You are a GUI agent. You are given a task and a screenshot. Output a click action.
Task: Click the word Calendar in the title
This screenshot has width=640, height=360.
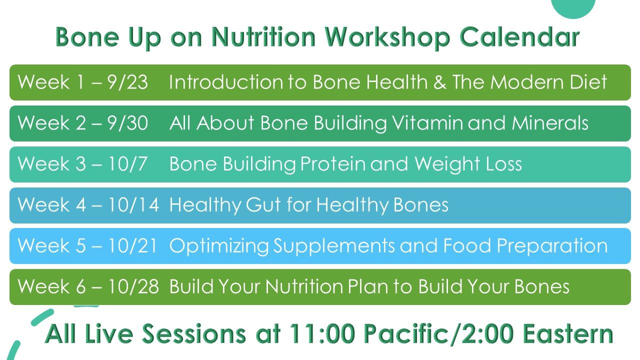[x=519, y=37]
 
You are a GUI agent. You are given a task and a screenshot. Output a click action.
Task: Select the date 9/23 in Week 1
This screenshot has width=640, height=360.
[x=127, y=82]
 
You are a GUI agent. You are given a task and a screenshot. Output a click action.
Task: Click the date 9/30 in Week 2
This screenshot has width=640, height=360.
[x=127, y=123]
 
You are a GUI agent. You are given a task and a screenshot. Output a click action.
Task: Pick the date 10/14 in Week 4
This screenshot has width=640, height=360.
[x=133, y=205]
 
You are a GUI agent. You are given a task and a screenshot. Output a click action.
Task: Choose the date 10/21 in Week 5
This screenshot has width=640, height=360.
[x=133, y=245]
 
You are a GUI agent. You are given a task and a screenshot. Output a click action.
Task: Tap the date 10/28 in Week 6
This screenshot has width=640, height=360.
[x=133, y=286]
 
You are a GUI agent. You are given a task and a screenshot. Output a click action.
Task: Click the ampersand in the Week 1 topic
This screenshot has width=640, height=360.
[x=439, y=82]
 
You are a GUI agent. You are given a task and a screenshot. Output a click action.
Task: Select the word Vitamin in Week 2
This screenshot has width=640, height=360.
[x=427, y=123]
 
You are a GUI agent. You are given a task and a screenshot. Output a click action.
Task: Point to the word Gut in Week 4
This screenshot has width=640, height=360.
[x=263, y=205]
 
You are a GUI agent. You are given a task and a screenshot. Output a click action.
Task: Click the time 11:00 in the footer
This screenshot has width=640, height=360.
[x=322, y=333]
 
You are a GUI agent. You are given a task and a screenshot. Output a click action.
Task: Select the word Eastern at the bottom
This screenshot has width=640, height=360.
[x=568, y=333]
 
